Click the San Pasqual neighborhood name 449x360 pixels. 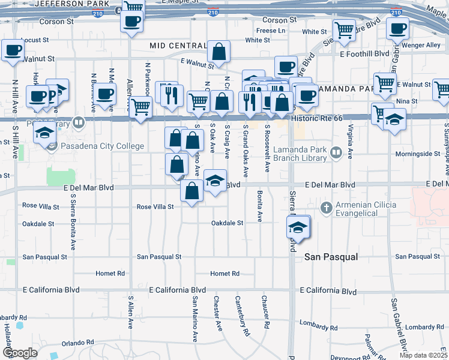tap(331, 257)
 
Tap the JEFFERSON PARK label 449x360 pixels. tap(65, 4)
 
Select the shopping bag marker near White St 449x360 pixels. tap(220, 52)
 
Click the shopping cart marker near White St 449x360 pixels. tap(345, 29)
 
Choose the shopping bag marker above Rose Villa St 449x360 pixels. tap(191, 191)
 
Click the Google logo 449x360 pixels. tap(20, 353)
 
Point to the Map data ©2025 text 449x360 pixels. tap(423, 355)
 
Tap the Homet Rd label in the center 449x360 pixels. tap(225, 274)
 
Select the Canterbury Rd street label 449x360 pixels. tap(242, 316)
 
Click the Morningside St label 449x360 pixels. tap(418, 154)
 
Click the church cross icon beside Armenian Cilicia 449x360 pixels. tap(326, 208)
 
